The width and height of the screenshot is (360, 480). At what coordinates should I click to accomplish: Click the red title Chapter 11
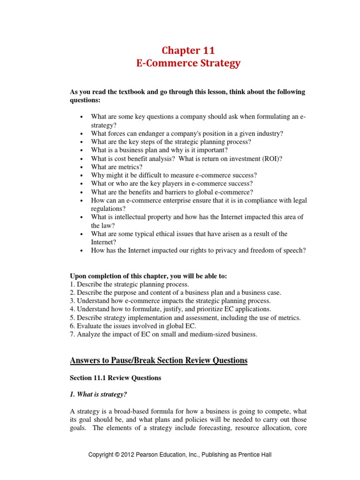(188, 50)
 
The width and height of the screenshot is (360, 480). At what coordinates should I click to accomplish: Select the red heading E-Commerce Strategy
(188, 64)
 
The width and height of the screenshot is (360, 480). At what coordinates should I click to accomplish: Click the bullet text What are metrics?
(117, 167)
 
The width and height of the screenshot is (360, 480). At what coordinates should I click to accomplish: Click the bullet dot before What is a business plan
(82, 150)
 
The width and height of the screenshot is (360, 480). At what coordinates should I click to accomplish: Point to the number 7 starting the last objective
(72, 334)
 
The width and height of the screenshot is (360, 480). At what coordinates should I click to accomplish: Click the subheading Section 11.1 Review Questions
(115, 378)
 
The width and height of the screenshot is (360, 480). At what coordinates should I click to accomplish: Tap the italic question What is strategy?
(98, 394)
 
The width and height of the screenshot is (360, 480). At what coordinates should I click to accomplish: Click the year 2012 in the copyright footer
(130, 455)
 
